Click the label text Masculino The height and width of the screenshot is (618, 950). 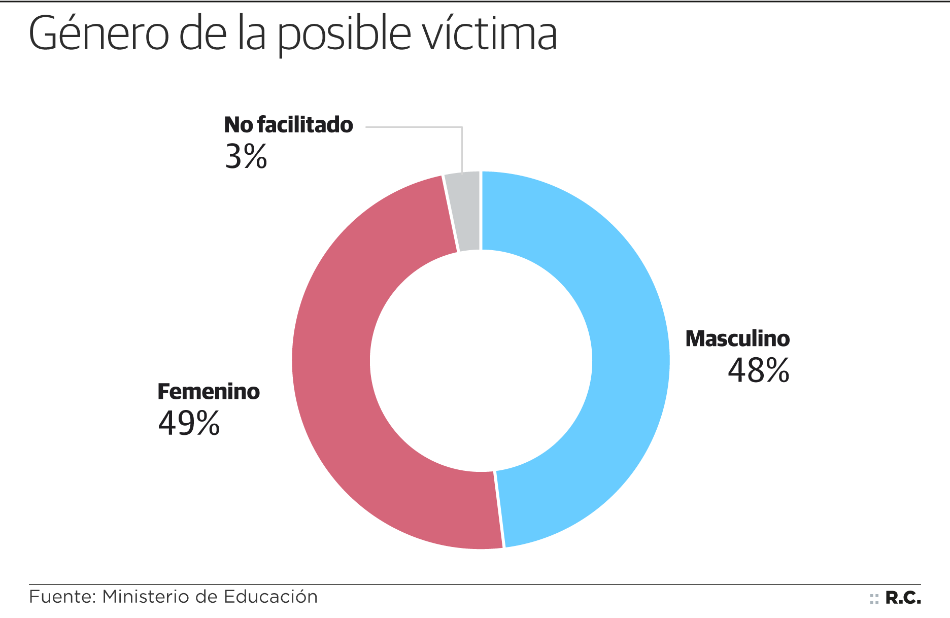pos(737,339)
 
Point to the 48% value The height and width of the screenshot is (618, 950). pos(758,370)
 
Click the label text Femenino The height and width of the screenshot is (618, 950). pos(209,392)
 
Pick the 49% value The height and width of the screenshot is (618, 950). pos(189,423)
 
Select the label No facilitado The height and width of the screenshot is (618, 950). pos(288,125)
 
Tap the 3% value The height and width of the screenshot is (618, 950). pos(246,156)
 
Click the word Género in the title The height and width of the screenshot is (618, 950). pos(98,35)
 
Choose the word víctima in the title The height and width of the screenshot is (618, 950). pos(490,35)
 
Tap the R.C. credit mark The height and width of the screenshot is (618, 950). pos(903,598)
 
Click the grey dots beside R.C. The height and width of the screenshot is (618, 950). pos(874,599)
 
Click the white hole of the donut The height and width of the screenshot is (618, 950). pos(481,360)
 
